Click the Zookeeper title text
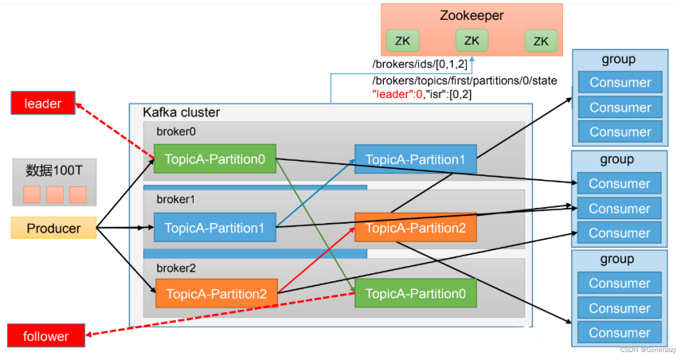[472, 15]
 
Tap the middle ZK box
[472, 41]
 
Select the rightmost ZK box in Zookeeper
[541, 41]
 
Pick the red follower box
[45, 336]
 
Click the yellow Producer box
[53, 228]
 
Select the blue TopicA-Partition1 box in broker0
[415, 160]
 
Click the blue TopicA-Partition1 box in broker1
[214, 228]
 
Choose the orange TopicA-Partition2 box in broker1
[415, 228]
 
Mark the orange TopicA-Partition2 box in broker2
[216, 293]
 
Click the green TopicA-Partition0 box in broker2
[415, 294]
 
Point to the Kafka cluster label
[181, 112]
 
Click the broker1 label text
[175, 198]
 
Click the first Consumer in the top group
[620, 82]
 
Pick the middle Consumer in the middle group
[620, 208]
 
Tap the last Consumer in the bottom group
[620, 333]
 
